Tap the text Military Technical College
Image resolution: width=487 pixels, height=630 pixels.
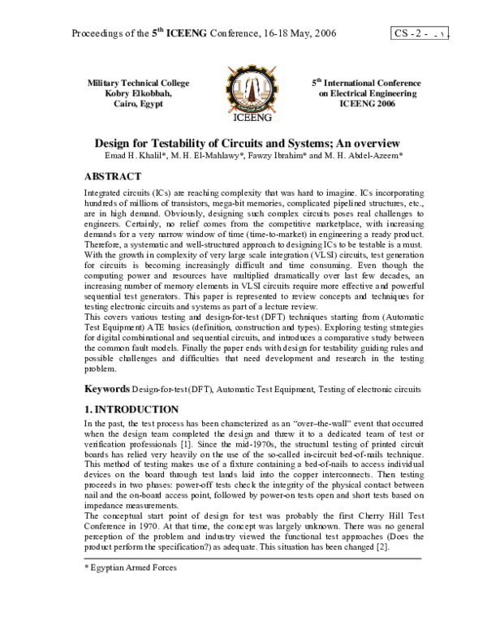click(138, 84)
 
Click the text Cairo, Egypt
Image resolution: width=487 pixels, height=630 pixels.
click(138, 105)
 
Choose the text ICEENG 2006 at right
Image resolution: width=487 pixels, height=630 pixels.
click(356, 105)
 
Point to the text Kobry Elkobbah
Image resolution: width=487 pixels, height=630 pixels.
click(138, 94)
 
